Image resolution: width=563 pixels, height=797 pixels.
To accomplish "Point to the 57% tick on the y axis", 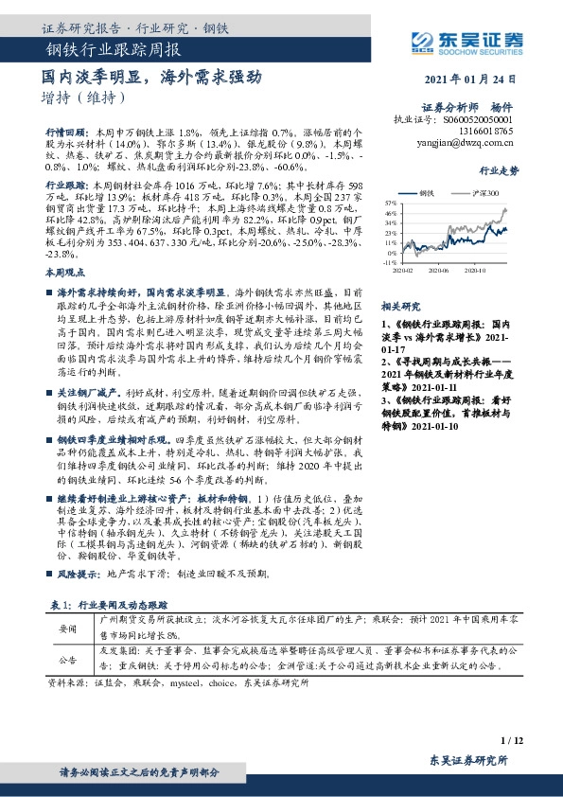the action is click(x=389, y=204).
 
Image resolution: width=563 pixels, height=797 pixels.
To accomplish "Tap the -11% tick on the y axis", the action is click(x=388, y=263).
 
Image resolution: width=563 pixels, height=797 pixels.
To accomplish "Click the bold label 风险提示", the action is click(x=79, y=575).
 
